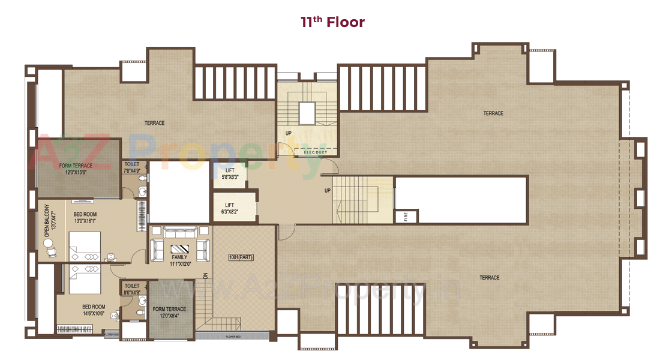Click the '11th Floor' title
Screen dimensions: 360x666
click(x=332, y=23)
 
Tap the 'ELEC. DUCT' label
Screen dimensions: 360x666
click(x=316, y=152)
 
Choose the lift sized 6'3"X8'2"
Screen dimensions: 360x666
click(x=231, y=208)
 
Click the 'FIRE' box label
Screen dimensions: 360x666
click(x=406, y=217)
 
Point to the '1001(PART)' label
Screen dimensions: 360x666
click(x=242, y=257)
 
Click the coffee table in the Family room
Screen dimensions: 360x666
click(x=180, y=249)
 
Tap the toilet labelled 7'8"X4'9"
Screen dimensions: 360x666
click(x=132, y=167)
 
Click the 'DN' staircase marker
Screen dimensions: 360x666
click(x=205, y=277)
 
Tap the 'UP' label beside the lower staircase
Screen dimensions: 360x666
click(x=328, y=190)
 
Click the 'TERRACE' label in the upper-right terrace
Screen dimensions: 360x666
click(x=493, y=113)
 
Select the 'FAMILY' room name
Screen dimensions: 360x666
click(x=179, y=257)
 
